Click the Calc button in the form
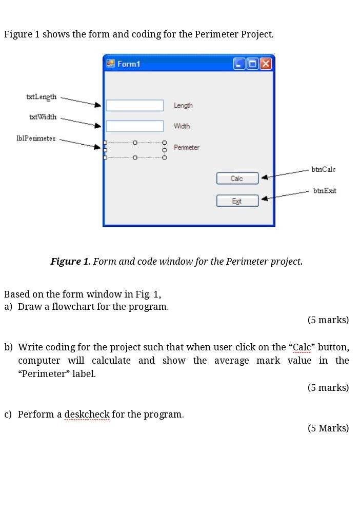point(237,179)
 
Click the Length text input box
point(134,106)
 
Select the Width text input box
point(134,126)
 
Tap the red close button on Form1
point(266,64)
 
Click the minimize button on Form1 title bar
point(239,64)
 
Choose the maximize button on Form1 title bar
point(252,64)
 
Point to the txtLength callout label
point(42,97)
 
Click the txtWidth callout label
point(43,117)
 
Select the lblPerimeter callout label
point(36,138)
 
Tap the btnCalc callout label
point(324,169)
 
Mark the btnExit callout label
point(325,191)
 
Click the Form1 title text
point(128,64)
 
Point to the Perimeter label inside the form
point(186,148)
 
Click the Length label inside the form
point(183,106)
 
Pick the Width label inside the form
point(182,126)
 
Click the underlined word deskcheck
point(87,414)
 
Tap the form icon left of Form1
point(110,64)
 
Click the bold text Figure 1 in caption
point(70,262)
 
